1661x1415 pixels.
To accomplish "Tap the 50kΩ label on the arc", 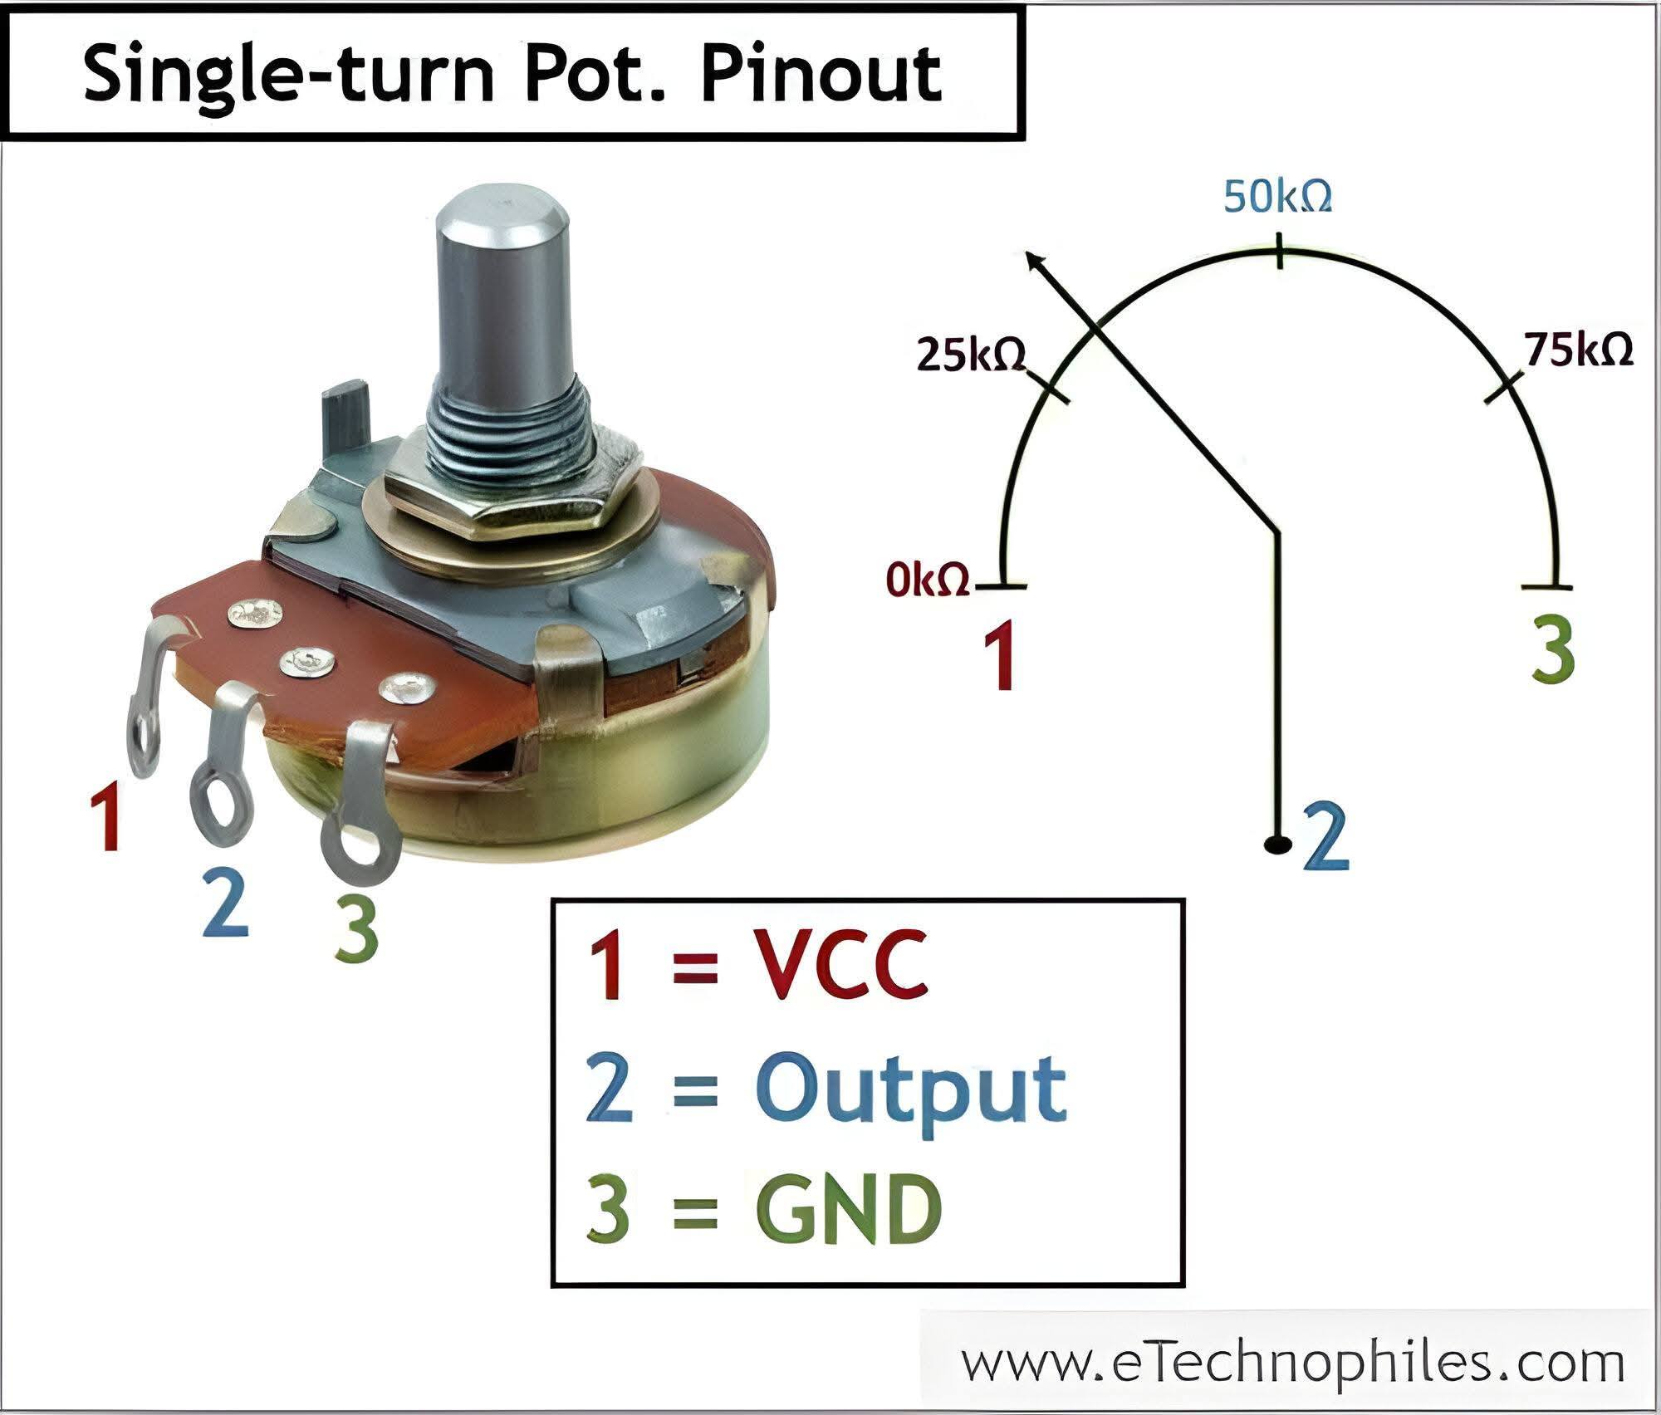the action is [x=1278, y=197].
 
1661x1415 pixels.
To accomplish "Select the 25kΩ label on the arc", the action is [x=971, y=356].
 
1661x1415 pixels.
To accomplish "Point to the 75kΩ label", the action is [x=1578, y=350].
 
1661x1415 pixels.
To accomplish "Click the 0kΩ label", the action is [x=928, y=579].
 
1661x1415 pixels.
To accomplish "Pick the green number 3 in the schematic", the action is [x=1551, y=653].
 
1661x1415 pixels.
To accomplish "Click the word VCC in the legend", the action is [x=841, y=965].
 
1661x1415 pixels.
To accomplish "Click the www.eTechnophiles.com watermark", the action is [x=1292, y=1363].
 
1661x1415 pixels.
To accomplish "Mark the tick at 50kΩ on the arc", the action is [x=1280, y=251].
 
